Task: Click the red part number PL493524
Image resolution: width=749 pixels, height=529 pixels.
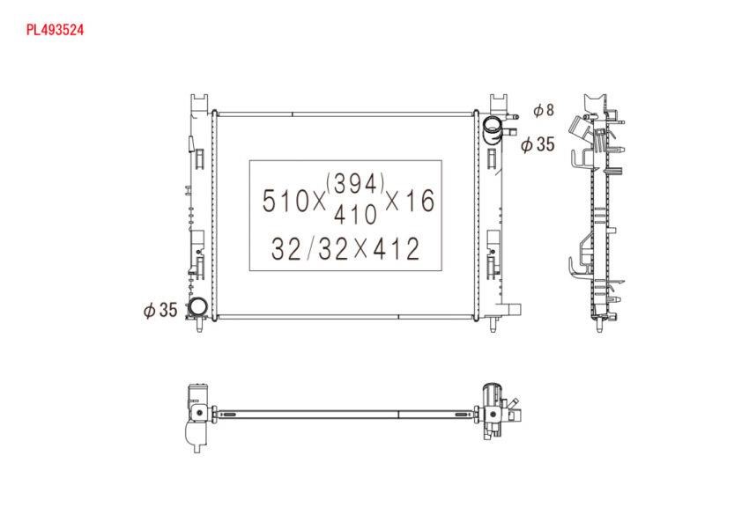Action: [55, 30]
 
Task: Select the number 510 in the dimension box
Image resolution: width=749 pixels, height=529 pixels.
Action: [285, 201]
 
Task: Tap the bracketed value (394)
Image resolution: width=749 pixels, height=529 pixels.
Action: [356, 183]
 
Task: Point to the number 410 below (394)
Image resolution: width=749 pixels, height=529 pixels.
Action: [355, 214]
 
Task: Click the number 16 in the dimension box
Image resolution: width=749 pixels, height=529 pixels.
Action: [419, 201]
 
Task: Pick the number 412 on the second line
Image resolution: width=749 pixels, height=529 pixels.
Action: [396, 248]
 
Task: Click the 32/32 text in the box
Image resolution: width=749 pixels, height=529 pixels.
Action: [309, 248]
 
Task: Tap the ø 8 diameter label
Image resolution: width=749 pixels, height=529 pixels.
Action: [544, 110]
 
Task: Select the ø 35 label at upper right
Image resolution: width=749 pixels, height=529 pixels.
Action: [538, 143]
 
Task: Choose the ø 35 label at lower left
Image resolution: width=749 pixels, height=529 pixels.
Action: [160, 310]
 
